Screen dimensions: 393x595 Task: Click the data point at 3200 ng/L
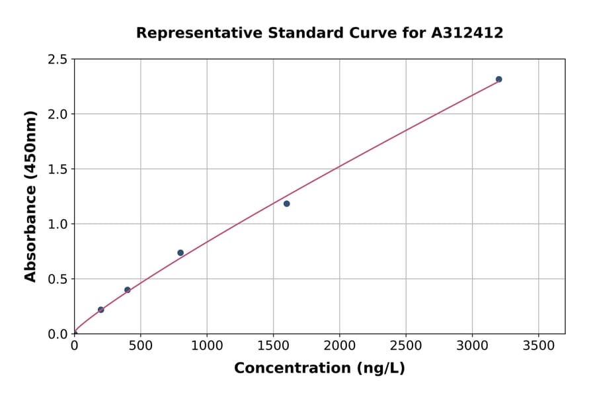[x=498, y=79]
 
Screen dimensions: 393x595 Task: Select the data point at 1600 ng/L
[x=286, y=204]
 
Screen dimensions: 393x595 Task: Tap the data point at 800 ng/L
[x=180, y=253]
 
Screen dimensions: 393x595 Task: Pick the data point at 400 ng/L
[x=128, y=290]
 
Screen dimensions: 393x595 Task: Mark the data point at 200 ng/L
[x=100, y=310]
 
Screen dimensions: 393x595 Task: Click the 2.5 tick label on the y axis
[x=58, y=60]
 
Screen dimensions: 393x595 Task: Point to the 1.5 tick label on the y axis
[x=58, y=169]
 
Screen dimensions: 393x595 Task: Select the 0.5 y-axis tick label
[x=58, y=279]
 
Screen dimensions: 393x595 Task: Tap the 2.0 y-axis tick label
[x=58, y=114]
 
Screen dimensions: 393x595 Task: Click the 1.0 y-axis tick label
[x=58, y=224]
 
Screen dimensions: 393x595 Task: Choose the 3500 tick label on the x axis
[x=538, y=345]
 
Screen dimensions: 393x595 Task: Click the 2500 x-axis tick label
[x=406, y=345]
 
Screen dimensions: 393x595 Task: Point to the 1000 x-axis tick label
[x=207, y=345]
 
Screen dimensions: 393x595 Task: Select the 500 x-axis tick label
[x=140, y=345]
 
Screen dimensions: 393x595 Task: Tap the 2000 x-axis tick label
[x=339, y=345]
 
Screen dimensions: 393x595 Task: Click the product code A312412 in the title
[x=467, y=33]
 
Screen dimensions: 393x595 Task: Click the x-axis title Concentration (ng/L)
[x=319, y=369]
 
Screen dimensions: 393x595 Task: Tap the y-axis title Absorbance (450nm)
[x=30, y=196]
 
